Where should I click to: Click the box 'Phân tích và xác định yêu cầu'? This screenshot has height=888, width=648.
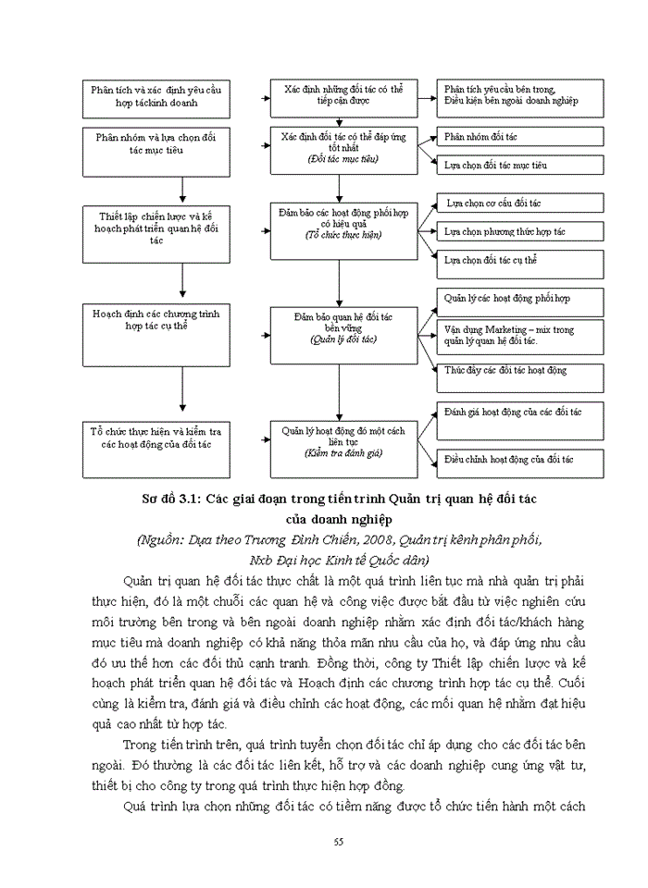coord(156,97)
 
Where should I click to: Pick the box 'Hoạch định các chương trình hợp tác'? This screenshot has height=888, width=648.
coord(156,320)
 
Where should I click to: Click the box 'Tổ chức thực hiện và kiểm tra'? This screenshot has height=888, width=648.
coord(156,438)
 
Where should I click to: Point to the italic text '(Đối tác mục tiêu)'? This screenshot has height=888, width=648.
coord(343,159)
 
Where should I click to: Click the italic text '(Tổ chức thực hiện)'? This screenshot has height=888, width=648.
coord(343,235)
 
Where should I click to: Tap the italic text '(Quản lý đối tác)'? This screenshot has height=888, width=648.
coord(343,339)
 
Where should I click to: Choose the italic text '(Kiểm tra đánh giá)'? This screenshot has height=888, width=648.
coord(343,453)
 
